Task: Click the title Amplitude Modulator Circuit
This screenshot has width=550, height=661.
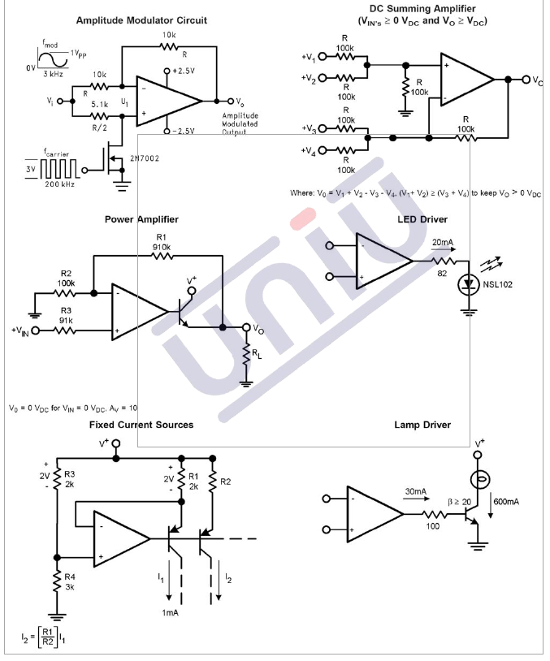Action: click(141, 19)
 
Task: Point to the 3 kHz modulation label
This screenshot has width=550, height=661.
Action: click(54, 74)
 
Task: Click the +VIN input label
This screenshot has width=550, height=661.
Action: click(19, 330)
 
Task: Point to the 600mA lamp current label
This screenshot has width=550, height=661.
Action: click(507, 502)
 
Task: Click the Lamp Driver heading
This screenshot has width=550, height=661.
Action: click(422, 425)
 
